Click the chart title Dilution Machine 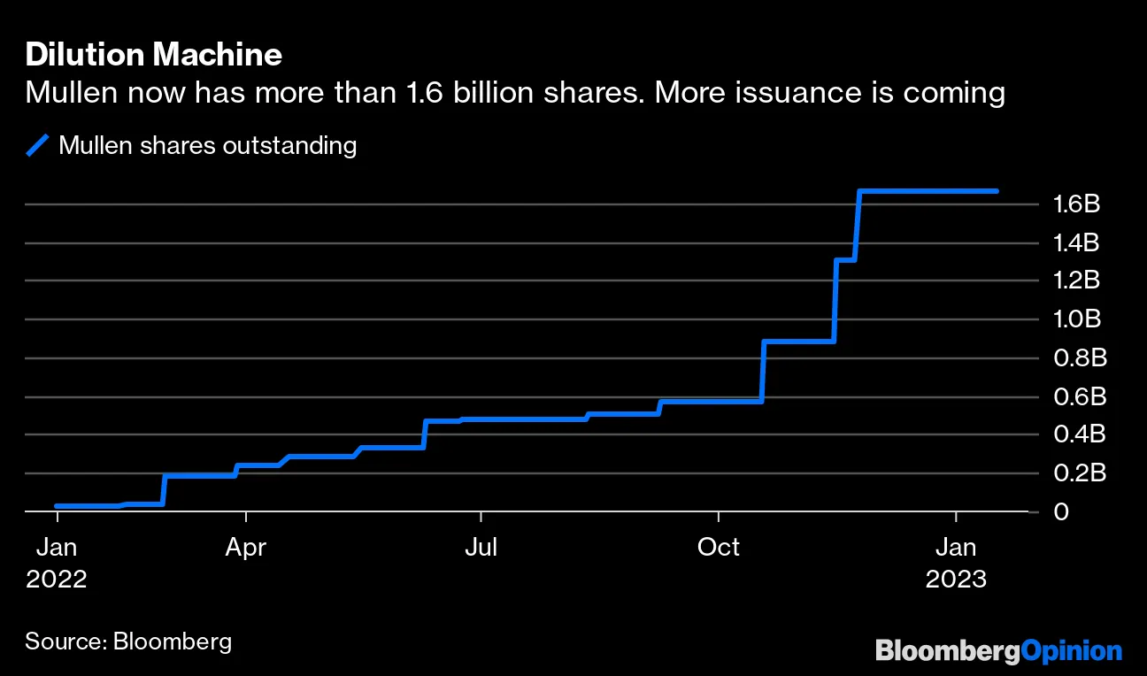[x=153, y=56]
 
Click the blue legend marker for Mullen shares [x=38, y=145]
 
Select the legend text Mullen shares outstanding [x=207, y=145]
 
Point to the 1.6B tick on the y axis [x=1075, y=204]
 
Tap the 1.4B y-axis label [x=1075, y=242]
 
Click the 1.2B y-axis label [x=1075, y=280]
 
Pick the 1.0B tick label [x=1075, y=319]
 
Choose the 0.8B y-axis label [x=1075, y=357]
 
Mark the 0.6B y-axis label [x=1075, y=396]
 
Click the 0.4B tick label [x=1075, y=434]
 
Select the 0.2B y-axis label [x=1075, y=473]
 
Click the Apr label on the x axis [x=245, y=548]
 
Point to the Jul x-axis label [x=481, y=548]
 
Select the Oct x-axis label [x=718, y=548]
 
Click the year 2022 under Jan [x=57, y=579]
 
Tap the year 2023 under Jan [x=956, y=579]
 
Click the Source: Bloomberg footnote [x=128, y=641]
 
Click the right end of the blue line [x=997, y=191]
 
